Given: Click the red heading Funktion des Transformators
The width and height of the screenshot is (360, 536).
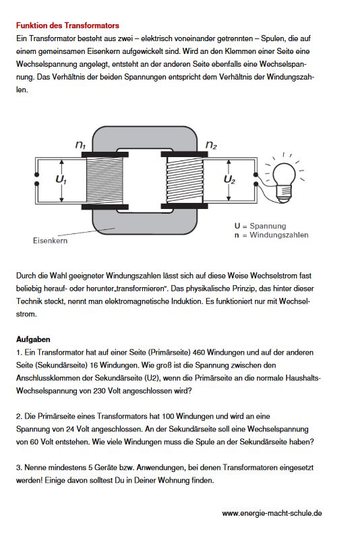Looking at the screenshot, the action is (x=67, y=26).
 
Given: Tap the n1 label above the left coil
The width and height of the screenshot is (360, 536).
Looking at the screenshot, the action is (x=80, y=145).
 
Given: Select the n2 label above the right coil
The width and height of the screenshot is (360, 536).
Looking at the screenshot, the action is (x=211, y=145).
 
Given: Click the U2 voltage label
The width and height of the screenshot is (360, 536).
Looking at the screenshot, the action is (x=229, y=179).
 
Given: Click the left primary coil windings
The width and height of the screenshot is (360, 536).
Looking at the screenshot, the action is (x=104, y=181).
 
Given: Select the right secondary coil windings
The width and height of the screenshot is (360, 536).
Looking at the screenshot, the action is (x=184, y=181).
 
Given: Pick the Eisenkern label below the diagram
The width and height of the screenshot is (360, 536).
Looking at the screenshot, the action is (x=51, y=241).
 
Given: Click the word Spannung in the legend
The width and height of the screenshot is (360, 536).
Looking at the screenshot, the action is (x=268, y=226).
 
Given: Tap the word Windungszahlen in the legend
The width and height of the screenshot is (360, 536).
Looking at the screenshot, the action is (x=279, y=235).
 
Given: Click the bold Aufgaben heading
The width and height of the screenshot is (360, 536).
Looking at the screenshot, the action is (x=33, y=339).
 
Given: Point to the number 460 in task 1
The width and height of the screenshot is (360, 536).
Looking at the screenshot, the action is (x=199, y=353).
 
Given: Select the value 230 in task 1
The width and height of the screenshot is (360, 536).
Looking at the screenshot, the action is (x=99, y=391).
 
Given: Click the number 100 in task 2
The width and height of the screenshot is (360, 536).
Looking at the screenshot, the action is (x=169, y=417).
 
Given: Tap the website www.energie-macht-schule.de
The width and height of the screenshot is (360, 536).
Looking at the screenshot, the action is (x=272, y=513).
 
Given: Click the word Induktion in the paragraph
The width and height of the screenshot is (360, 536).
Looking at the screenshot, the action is (x=187, y=301).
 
